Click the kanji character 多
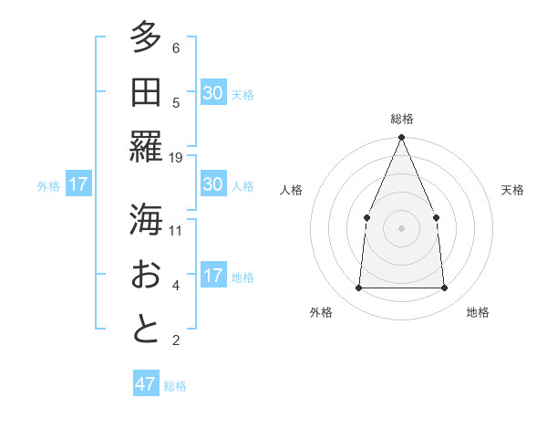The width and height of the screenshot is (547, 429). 146,37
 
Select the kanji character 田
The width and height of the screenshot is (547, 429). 146,91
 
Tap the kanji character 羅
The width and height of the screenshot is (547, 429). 146,147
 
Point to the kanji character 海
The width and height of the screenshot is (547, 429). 146,219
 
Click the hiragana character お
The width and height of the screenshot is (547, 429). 146,275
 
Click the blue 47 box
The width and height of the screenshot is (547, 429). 146,384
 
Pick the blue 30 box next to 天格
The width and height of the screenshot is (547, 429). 213,93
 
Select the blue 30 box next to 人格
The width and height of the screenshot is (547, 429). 213,184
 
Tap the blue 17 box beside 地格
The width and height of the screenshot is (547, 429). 213,276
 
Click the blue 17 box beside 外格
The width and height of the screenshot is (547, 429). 78,184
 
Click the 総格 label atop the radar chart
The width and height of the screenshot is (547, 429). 401,119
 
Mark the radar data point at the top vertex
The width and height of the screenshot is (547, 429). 401,138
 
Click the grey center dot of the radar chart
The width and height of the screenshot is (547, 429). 401,227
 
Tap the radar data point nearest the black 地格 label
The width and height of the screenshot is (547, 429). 444,288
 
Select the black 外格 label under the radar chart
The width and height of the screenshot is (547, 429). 321,312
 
